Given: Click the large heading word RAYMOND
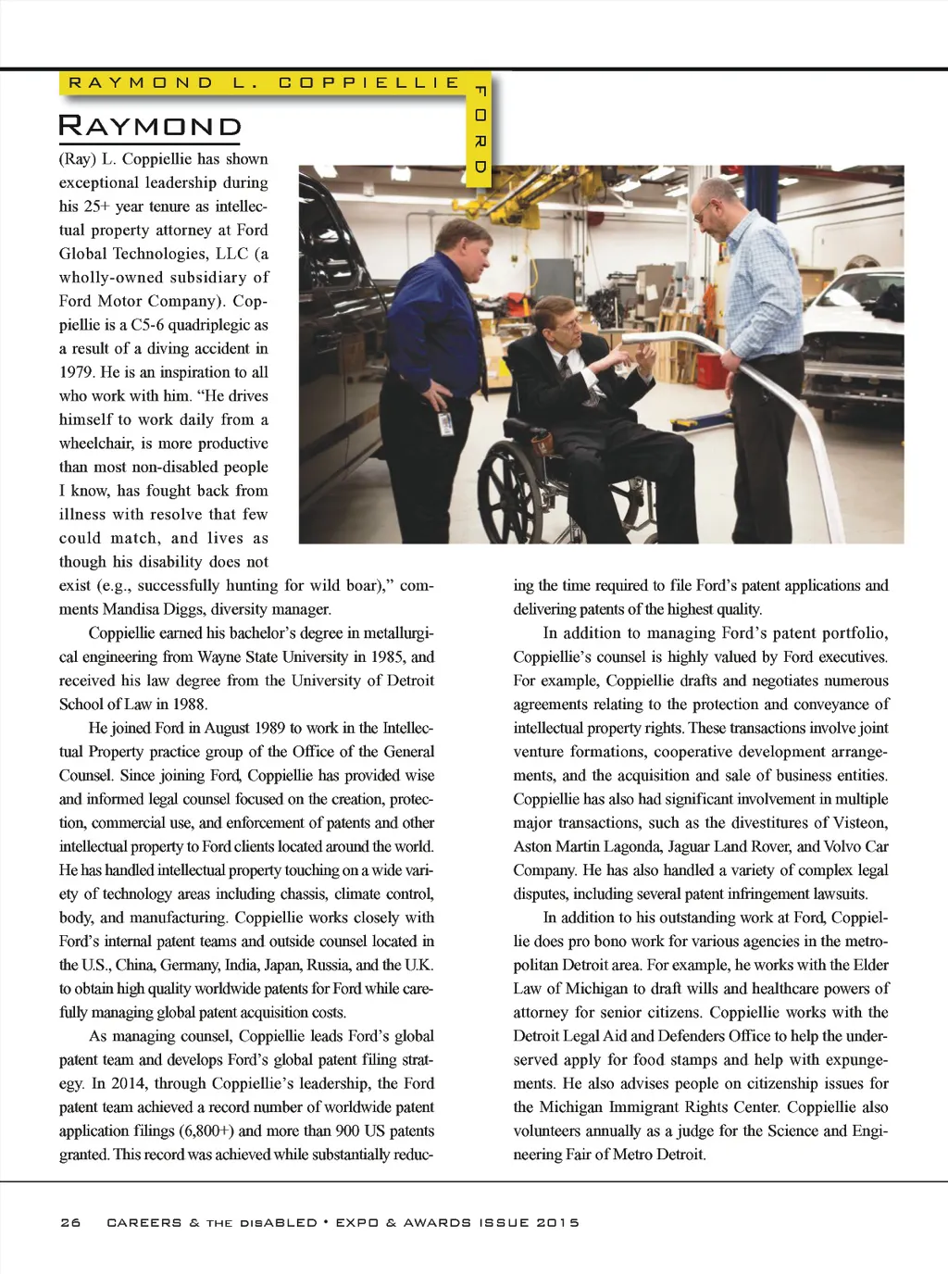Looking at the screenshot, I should [x=150, y=126].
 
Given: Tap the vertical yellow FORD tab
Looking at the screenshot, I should [x=480, y=130].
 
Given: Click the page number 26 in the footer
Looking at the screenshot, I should [x=70, y=1222].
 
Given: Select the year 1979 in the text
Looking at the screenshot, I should [x=79, y=372].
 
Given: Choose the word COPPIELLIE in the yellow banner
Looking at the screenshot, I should [x=368, y=82].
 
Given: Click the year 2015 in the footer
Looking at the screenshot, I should [x=557, y=1222].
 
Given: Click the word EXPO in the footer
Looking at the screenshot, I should [x=356, y=1222].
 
